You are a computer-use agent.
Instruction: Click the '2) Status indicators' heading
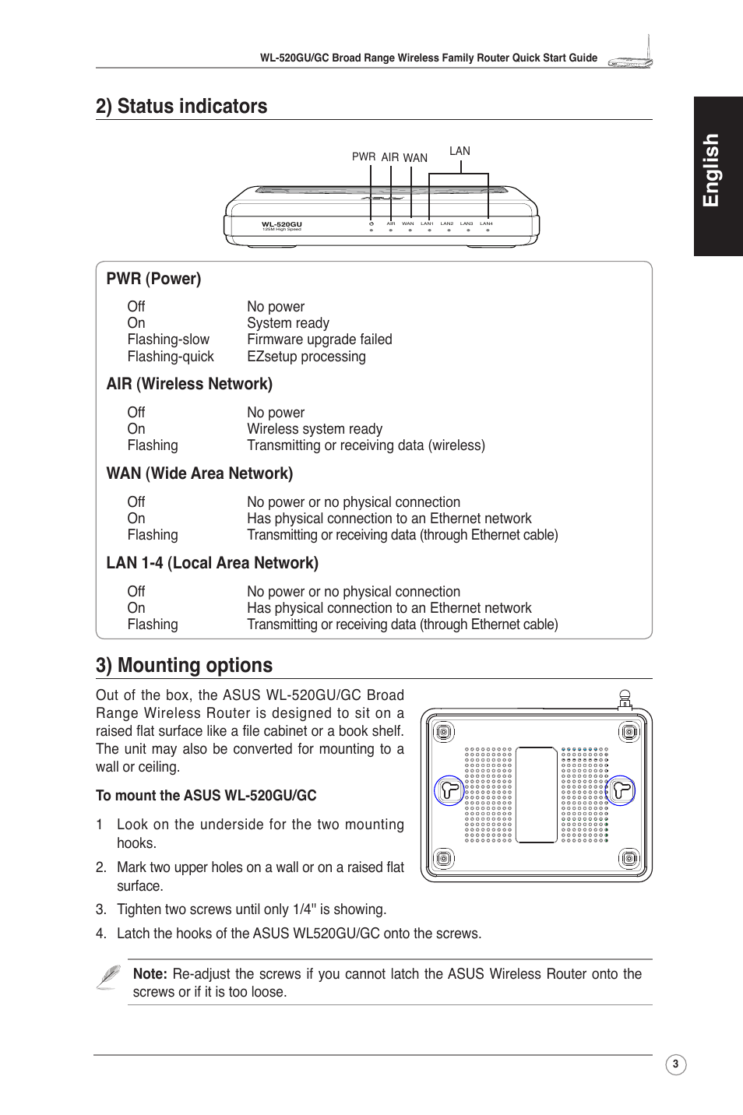181,107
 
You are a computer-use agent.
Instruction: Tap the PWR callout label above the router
363,157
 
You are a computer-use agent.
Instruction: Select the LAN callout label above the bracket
460,151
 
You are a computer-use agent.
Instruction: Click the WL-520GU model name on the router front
281,224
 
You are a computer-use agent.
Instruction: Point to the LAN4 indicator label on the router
486,223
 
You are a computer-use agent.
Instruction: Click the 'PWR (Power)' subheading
153,279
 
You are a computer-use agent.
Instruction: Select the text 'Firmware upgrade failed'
319,339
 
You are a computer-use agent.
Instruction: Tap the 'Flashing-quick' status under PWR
171,357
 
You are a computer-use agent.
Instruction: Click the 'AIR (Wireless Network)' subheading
189,384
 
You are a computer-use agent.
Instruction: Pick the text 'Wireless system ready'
315,429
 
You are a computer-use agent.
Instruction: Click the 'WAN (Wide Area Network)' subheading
199,473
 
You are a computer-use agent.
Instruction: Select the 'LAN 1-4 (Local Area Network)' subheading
212,563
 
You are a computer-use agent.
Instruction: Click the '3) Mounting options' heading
184,666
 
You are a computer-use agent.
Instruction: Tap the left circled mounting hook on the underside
449,791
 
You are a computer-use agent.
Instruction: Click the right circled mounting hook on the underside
621,791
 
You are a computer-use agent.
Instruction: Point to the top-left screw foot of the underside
443,732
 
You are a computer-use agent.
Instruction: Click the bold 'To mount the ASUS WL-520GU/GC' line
206,796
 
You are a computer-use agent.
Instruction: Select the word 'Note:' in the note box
150,974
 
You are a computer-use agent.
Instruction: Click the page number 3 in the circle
675,1064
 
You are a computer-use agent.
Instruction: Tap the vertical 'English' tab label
710,171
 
